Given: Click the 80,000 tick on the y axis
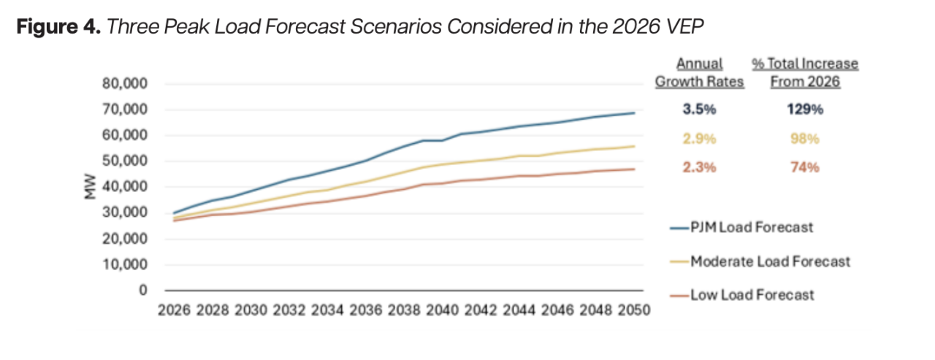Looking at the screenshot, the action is coord(125,83).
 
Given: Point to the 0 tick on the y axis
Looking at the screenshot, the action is coord(143,290).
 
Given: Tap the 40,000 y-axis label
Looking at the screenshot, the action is coord(125,186).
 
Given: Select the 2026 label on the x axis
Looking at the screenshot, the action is coord(174,310).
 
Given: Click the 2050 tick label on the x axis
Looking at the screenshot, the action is coord(634,310).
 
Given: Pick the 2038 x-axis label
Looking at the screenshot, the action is coord(404,310).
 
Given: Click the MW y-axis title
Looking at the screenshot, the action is coord(90,186).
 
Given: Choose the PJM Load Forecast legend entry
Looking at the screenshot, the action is coord(741,228).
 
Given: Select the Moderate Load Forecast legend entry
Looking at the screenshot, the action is coord(760,261).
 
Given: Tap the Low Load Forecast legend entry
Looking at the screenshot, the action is coord(742,295).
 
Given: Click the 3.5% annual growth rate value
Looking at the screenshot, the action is coord(699,110).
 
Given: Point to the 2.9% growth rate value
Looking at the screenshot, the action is coord(699,139).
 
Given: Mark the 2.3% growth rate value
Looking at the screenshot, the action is coord(699,167).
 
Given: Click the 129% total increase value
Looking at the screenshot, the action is coord(805,110).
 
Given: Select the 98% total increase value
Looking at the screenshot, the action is coord(805,139).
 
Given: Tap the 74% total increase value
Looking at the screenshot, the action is coord(805,167).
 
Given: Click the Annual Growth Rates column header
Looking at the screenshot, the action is coord(700,72).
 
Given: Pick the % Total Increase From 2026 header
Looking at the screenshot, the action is coord(805,72).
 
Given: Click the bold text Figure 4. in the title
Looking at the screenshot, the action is coord(58,27).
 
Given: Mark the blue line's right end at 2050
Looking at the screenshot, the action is coord(635,112).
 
